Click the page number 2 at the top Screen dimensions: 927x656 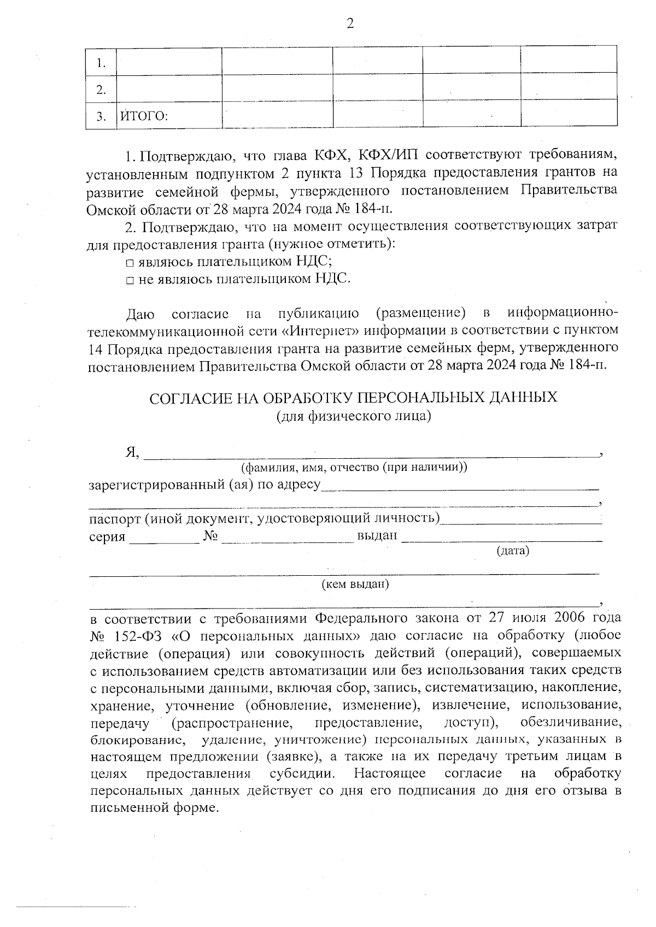350,23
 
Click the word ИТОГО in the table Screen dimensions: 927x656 143,116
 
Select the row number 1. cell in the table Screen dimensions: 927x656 101,63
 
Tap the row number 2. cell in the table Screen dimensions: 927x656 101,90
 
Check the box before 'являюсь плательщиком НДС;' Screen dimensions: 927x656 130,263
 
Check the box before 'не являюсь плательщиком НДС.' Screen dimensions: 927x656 130,280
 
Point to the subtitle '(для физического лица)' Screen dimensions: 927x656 354,416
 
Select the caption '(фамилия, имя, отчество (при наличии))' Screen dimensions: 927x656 354,468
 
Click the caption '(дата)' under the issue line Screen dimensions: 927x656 512,551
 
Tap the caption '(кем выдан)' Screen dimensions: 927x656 355,584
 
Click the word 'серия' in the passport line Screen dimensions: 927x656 107,536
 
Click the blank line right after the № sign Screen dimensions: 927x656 288,538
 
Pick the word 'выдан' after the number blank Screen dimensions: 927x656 377,535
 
